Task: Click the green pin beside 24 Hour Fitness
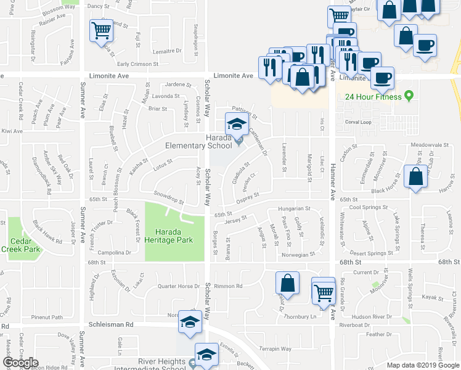tap(407, 96)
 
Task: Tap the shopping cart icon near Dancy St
tap(101, 30)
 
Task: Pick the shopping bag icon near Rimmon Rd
tap(288, 284)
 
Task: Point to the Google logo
tap(20, 363)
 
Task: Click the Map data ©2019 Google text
tap(422, 365)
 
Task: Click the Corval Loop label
tap(358, 122)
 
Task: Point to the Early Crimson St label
tap(138, 64)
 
